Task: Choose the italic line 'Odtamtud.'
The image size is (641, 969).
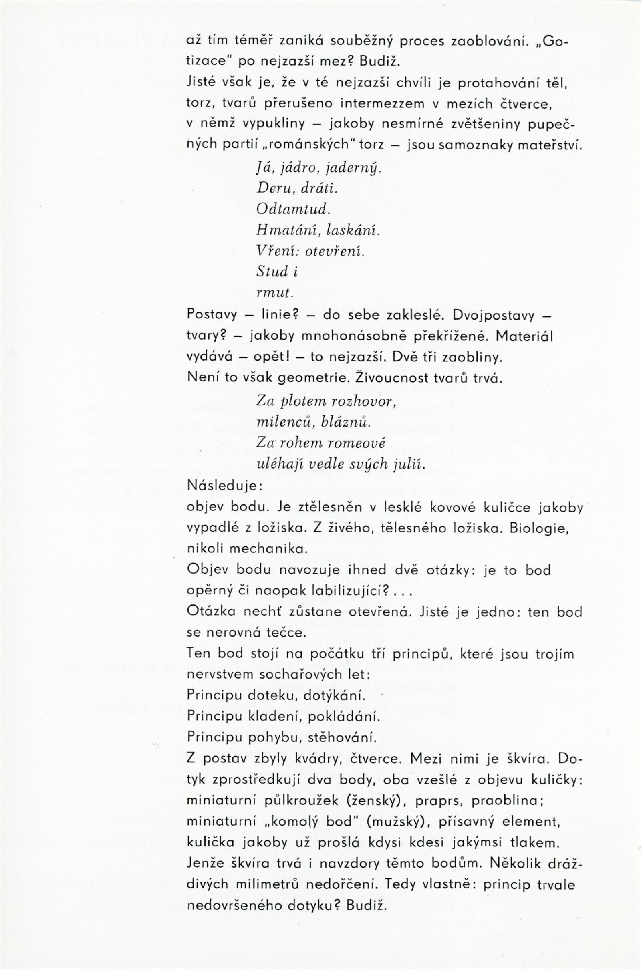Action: [x=293, y=209]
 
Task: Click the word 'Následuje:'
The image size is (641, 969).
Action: [x=224, y=486]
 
